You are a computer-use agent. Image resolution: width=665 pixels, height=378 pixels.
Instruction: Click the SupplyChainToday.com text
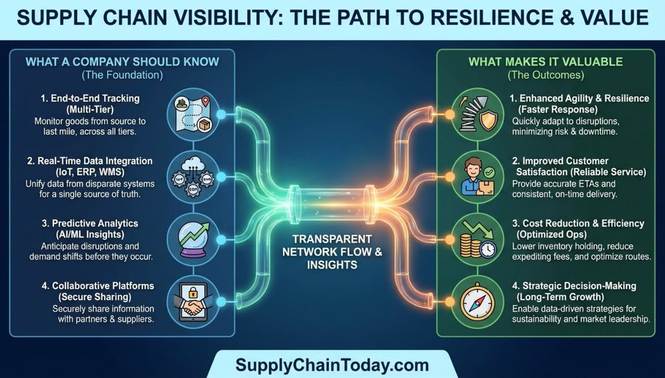pos(332,365)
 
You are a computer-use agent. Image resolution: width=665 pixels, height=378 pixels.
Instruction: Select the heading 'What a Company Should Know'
pos(122,61)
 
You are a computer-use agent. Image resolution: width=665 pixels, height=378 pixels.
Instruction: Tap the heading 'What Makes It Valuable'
pos(546,61)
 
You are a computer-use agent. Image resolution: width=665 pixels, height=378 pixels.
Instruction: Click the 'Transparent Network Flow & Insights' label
pos(332,251)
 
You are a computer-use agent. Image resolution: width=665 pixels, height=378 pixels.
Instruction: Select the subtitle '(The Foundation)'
pos(122,74)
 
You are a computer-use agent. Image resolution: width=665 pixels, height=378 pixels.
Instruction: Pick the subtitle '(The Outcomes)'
pos(546,74)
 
